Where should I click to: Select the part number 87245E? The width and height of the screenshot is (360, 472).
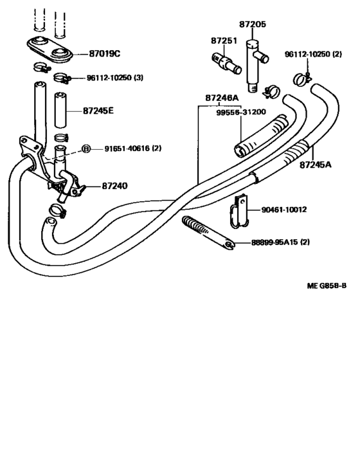click(98, 111)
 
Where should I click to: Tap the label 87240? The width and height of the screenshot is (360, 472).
click(114, 186)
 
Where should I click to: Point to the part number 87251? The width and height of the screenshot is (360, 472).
click(224, 41)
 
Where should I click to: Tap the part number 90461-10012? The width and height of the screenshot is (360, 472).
click(284, 210)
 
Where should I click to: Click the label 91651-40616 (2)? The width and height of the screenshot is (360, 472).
click(133, 149)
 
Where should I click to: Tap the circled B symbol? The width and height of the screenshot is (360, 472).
click(85, 149)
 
